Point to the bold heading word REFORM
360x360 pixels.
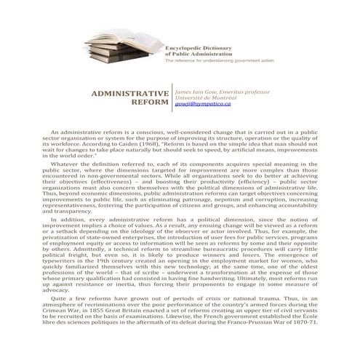point(150,105)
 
